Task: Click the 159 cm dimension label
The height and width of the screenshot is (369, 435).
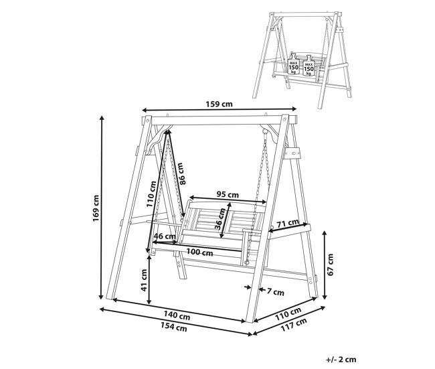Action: pos(219,104)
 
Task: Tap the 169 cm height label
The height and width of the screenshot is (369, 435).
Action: pos(96,208)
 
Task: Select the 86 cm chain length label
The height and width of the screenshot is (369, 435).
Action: pos(181,174)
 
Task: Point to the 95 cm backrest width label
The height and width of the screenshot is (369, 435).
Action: pos(228,195)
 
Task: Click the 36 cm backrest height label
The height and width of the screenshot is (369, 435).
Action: pos(221,219)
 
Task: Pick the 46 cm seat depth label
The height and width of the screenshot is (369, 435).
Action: pos(165,236)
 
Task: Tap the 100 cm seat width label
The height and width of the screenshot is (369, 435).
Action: pos(199,252)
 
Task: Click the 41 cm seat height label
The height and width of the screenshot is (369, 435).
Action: pos(144,280)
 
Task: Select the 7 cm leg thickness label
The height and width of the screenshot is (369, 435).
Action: pos(276,292)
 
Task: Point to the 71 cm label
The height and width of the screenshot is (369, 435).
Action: pos(288,223)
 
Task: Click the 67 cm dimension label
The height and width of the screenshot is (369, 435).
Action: pos(330,265)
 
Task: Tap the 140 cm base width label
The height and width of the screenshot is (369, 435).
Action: pos(177,315)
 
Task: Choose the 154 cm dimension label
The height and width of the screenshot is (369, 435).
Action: pos(174,327)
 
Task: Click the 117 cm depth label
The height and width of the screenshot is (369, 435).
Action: pos(294,325)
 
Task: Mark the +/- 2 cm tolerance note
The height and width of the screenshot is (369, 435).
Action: pos(341,360)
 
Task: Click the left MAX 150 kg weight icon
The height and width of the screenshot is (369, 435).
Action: pos(294,65)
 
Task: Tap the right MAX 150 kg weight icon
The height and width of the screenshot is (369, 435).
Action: pos(309,66)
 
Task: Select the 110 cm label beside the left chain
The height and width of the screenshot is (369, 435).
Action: pos(151,194)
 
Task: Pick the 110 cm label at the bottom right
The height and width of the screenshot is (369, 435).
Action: pos(288,314)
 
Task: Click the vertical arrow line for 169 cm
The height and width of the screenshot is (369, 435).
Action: pos(102,208)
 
